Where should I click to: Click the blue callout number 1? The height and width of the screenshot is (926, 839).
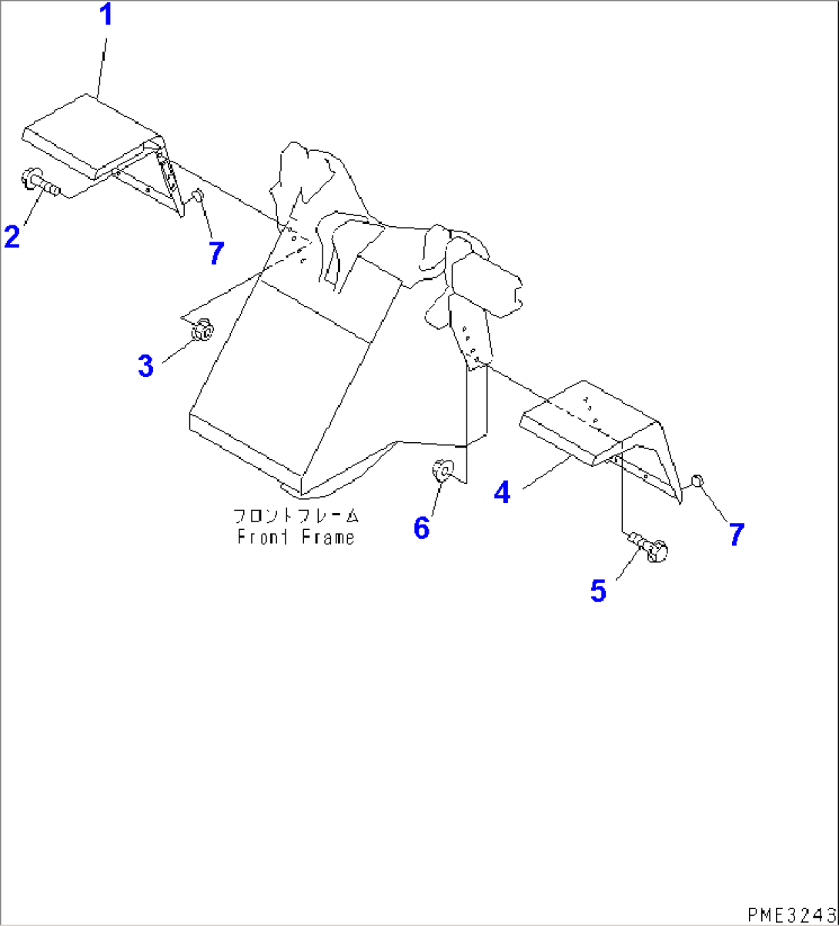click(107, 15)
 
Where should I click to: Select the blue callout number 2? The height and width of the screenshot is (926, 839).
click(12, 237)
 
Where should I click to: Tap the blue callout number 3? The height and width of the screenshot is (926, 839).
click(146, 366)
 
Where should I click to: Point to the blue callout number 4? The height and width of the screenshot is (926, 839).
click(502, 492)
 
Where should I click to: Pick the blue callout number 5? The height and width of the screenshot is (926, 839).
click(598, 591)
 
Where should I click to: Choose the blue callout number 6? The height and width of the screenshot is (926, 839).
click(421, 528)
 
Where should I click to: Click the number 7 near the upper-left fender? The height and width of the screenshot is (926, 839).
click(216, 254)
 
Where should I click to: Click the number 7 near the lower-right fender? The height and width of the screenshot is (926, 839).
click(737, 534)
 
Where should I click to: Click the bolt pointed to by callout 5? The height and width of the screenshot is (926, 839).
click(648, 548)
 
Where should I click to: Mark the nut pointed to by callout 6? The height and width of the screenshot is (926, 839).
click(441, 472)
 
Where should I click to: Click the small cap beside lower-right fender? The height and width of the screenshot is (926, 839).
click(697, 481)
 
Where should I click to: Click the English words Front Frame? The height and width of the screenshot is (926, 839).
click(296, 538)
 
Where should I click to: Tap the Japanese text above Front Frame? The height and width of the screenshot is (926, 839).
click(296, 515)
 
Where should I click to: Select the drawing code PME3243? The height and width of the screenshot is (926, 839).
click(791, 914)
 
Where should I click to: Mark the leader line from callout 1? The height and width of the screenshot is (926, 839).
click(102, 68)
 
